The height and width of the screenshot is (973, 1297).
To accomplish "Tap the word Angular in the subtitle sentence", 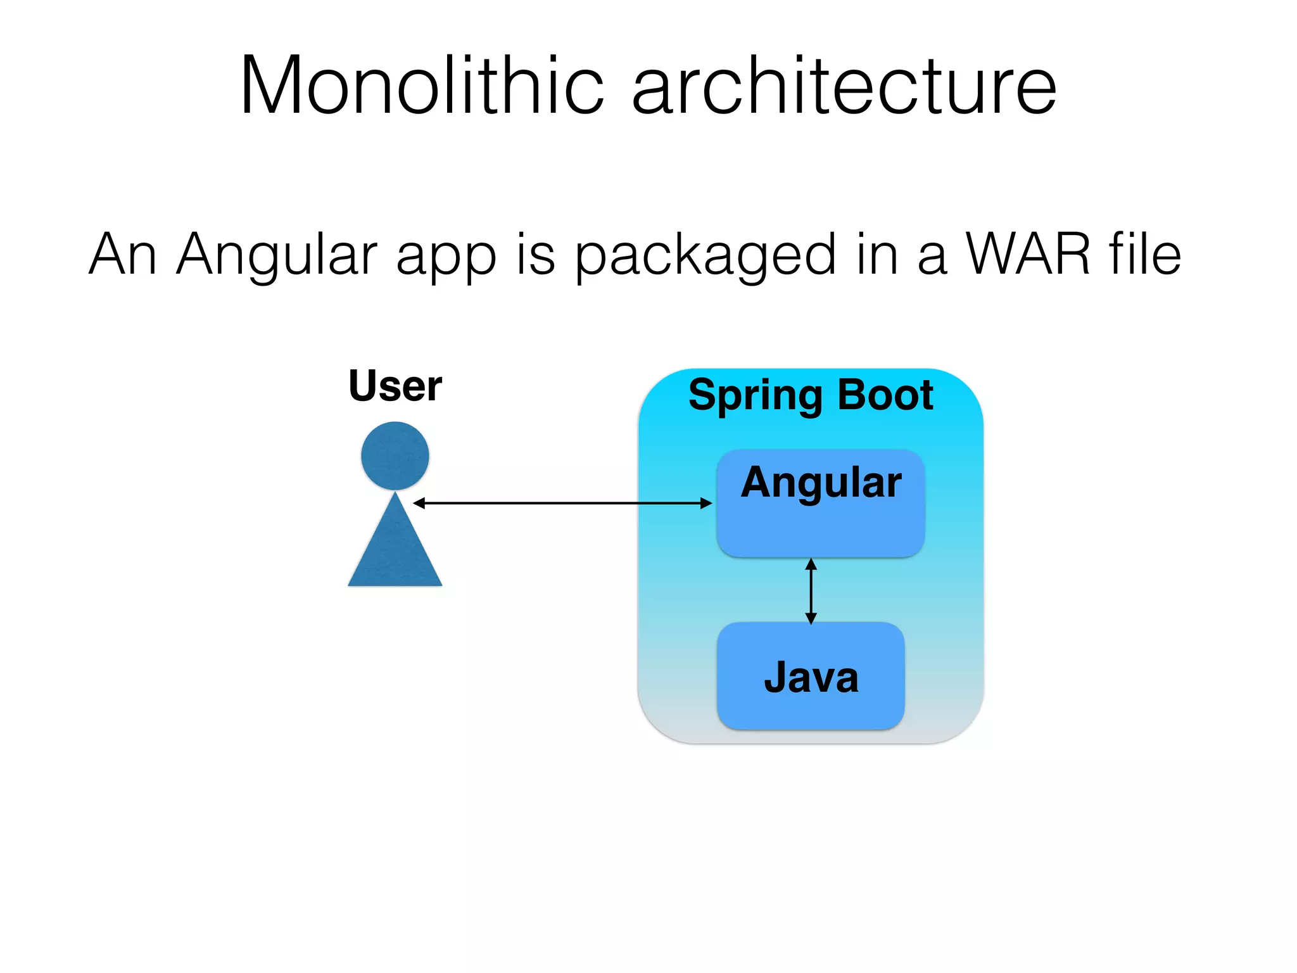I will point(277,255).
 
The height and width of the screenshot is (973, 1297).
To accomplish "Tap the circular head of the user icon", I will point(395,455).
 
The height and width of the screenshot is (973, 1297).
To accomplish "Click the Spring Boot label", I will point(811,395).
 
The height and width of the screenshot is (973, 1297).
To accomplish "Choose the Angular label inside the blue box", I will point(821,483).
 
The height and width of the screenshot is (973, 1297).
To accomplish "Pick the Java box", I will point(811,676).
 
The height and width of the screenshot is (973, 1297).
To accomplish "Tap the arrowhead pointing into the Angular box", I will point(706,503).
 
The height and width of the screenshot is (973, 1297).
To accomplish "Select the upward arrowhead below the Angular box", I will point(811,564).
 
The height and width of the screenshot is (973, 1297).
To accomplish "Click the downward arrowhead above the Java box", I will point(811,618).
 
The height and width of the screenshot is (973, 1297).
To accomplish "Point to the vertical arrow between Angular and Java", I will point(811,591).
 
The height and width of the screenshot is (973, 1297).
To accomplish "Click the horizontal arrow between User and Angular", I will point(562,503).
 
